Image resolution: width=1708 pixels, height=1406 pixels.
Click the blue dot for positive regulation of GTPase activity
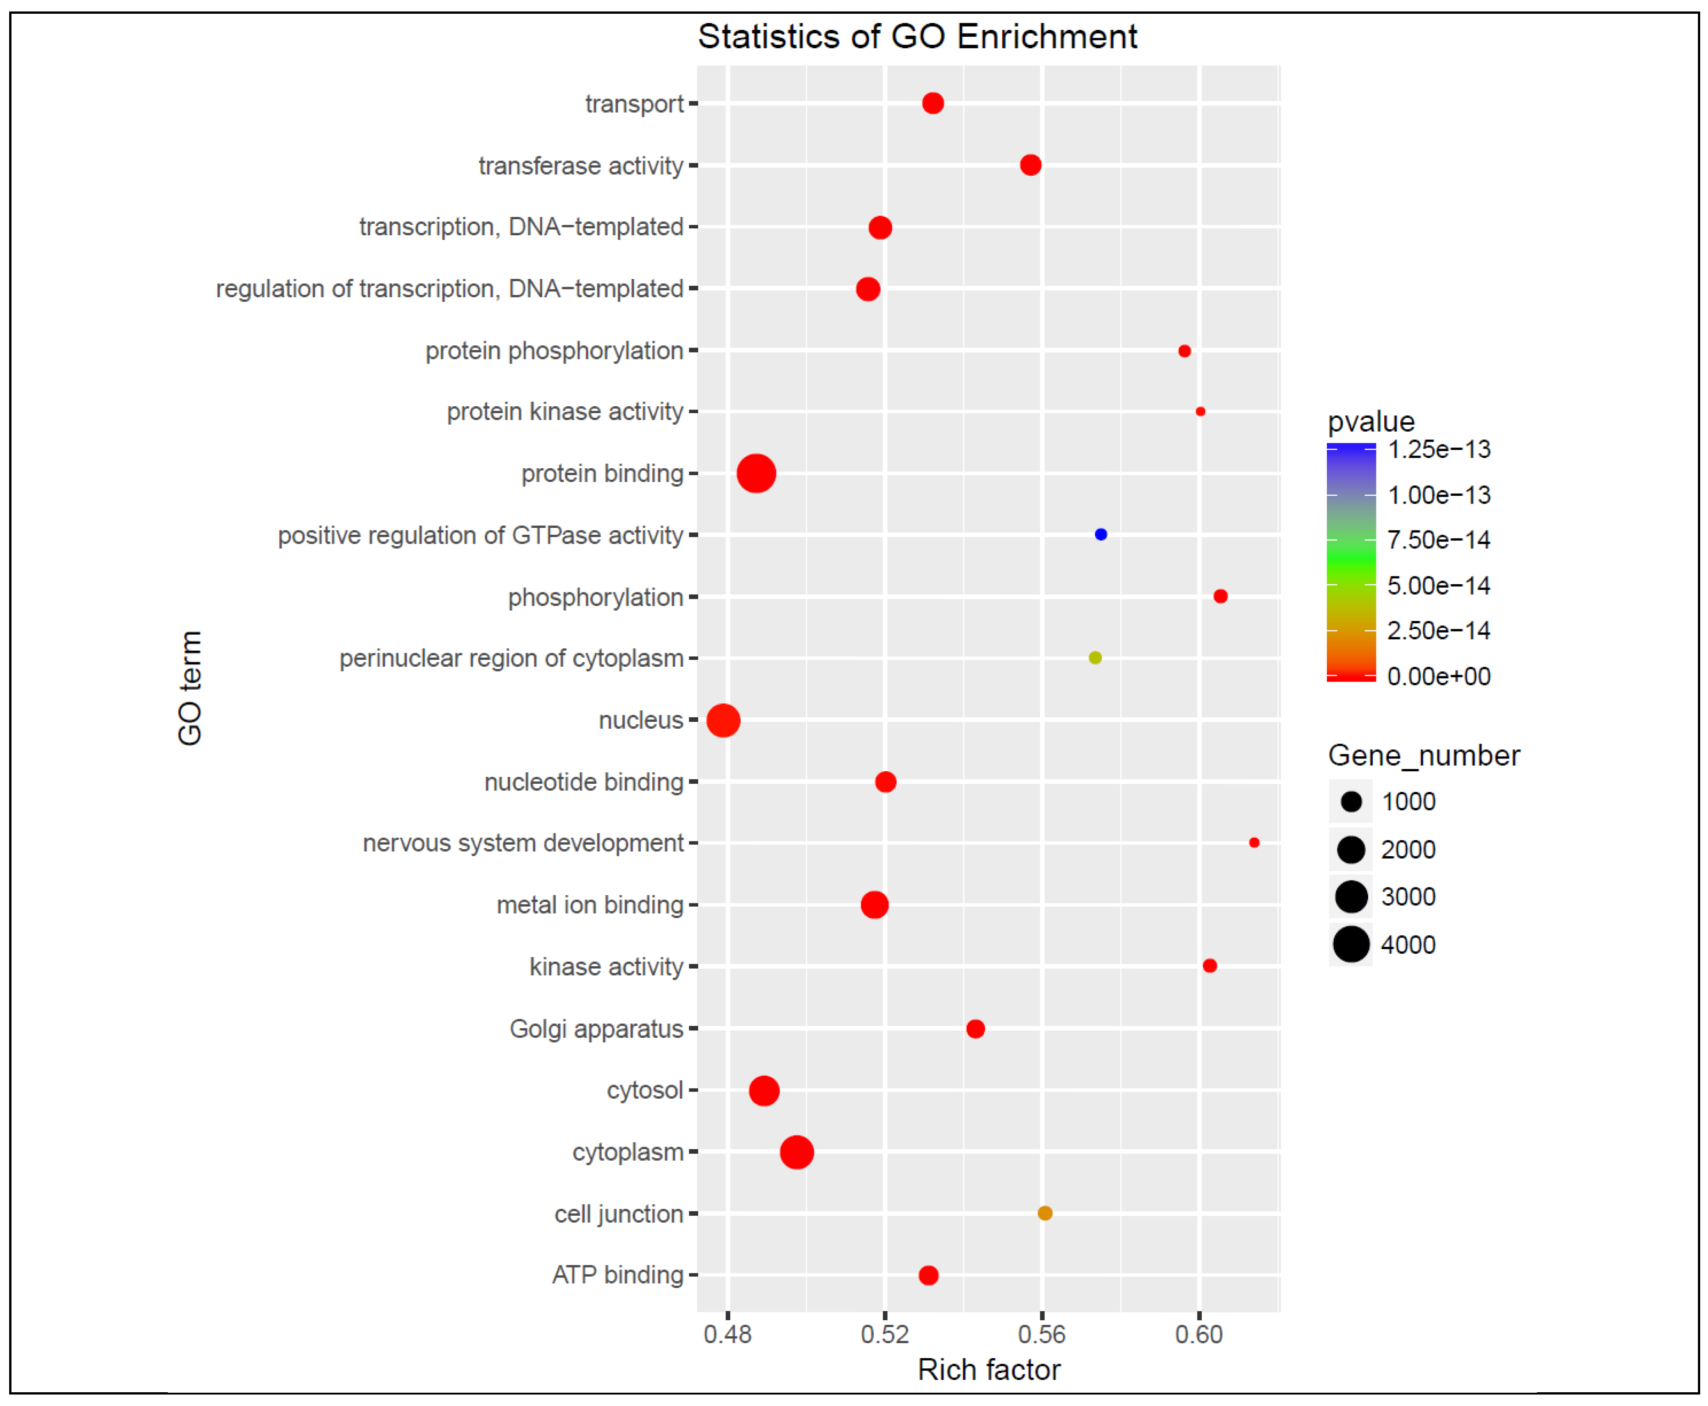pos(1101,535)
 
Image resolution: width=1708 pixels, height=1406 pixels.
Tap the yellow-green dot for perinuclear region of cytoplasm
pos(1095,658)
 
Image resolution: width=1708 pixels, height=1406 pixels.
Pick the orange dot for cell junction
pos(1045,1213)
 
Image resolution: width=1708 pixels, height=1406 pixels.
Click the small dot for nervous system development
pos(1253,843)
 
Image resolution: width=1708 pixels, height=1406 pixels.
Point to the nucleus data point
pos(723,720)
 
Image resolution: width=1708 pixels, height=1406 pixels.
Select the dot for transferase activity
pos(1030,165)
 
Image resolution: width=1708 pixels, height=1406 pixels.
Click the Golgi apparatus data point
pos(975,1029)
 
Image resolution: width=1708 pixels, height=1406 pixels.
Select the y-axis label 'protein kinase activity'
pos(566,411)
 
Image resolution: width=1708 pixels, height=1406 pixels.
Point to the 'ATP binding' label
pos(617,1275)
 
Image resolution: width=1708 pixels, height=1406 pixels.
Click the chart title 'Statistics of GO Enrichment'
pos(918,36)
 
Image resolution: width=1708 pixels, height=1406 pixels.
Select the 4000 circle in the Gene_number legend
pos(1351,944)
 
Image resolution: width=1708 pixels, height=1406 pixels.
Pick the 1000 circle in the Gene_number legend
pos(1351,802)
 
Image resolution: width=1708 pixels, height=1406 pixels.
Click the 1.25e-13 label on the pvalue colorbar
pos(1439,449)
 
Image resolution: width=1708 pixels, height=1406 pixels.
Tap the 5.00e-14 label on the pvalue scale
pos(1439,586)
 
